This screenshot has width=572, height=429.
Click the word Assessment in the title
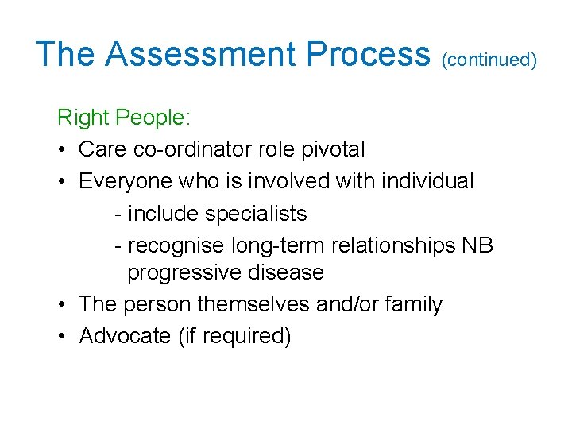(x=201, y=54)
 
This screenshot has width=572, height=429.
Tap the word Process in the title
(x=368, y=54)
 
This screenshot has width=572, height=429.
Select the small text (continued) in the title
(x=489, y=59)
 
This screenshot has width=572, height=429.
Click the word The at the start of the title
(x=66, y=54)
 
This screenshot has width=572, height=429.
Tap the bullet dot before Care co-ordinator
(x=63, y=149)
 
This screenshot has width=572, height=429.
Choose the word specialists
(x=256, y=214)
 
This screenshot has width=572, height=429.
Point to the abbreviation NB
(x=477, y=245)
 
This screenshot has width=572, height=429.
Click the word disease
(x=288, y=272)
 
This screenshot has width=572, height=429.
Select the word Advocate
(x=125, y=336)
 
